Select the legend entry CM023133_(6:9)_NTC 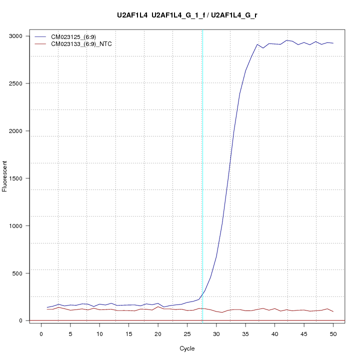(x=85, y=44)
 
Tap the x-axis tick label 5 (x=70, y=333)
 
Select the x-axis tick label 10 (x=99, y=333)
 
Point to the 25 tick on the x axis (x=187, y=333)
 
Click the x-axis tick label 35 (x=245, y=333)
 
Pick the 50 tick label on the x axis (x=333, y=333)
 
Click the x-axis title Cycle (x=187, y=348)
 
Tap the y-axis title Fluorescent (x=5, y=176)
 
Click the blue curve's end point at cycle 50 (x=333, y=43)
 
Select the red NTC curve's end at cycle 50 (x=333, y=311)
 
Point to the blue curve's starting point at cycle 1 (x=47, y=307)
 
